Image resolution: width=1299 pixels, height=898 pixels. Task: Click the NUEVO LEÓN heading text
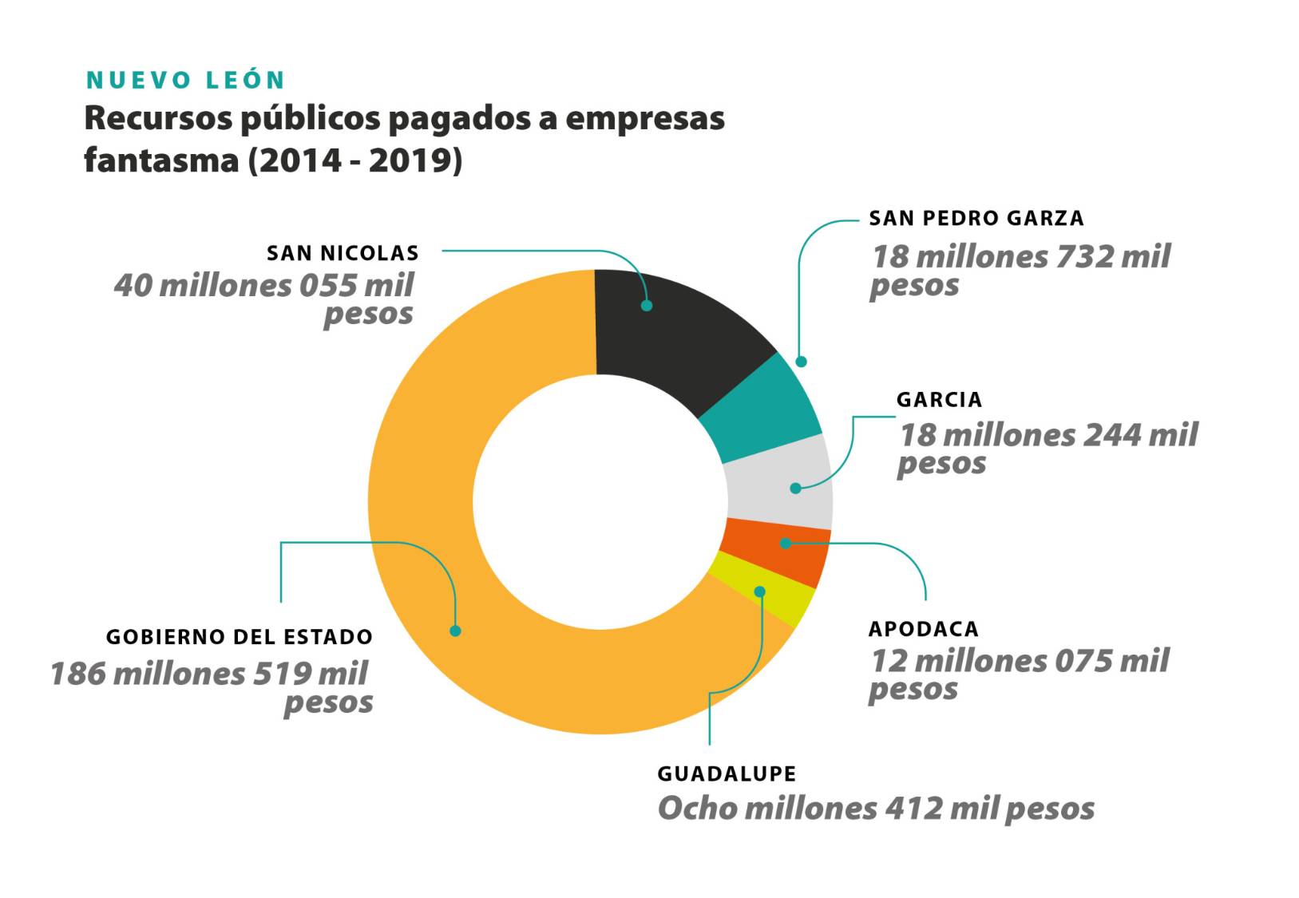[185, 81]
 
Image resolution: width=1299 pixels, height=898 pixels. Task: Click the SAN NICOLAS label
[343, 254]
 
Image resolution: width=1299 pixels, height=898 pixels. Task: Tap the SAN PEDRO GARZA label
[976, 219]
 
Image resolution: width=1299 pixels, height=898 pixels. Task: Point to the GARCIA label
[939, 400]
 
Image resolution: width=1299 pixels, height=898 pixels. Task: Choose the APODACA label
[923, 629]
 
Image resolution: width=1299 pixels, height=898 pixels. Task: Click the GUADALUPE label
[727, 774]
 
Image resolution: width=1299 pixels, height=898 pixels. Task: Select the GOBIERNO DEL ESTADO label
[239, 637]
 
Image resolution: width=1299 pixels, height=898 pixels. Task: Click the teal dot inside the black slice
[647, 305]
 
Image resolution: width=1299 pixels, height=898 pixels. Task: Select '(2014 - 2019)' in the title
[355, 160]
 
